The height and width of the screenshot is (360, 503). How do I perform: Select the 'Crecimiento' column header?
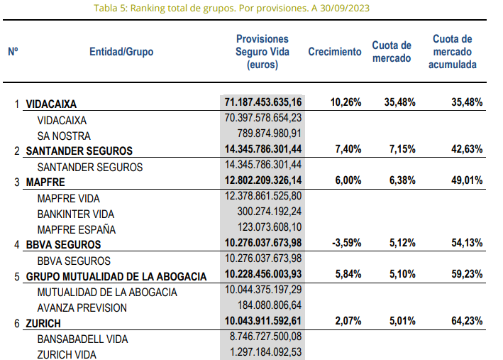coord(334,52)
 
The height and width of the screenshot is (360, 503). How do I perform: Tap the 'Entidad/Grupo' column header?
coord(121,52)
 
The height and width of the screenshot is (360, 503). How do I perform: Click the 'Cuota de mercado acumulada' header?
coord(452,52)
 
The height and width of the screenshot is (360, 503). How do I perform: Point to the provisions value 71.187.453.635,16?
coord(263,102)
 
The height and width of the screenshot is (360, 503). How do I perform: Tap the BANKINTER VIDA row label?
coord(75,214)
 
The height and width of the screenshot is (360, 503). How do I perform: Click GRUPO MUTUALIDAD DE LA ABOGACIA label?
coord(116,276)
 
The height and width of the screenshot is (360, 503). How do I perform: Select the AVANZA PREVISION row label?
coord(82,307)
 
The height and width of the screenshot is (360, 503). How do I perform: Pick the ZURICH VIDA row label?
coord(66,354)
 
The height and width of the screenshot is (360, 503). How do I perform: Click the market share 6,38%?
coord(399,182)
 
